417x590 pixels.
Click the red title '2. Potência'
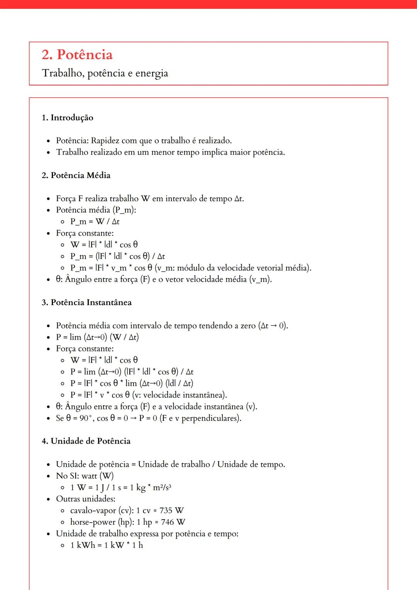(x=77, y=55)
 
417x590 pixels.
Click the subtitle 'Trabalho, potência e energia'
(x=105, y=73)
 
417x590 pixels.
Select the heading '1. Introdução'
(x=68, y=118)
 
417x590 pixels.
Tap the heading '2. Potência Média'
(x=76, y=175)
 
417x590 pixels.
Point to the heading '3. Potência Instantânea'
(x=87, y=302)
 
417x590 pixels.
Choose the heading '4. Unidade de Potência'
(x=86, y=441)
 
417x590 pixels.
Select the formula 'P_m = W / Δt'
(x=95, y=222)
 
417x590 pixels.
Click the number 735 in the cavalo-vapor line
(x=166, y=510)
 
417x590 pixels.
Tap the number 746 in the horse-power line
(x=167, y=522)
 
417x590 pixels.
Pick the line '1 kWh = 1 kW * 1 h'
(x=107, y=545)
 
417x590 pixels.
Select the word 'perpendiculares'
(x=210, y=418)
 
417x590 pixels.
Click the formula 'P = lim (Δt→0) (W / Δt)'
(x=97, y=337)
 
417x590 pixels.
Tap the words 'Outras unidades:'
(x=86, y=499)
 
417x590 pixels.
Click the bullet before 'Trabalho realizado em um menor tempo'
(x=48, y=153)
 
